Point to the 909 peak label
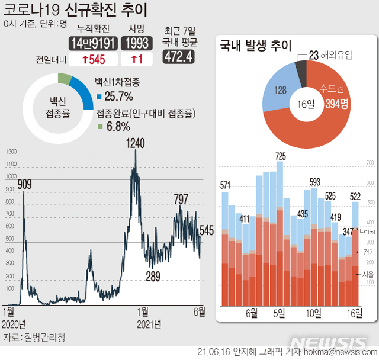click(x=24, y=184)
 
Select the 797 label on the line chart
click(x=183, y=199)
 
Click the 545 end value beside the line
click(x=207, y=230)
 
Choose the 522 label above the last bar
click(x=355, y=196)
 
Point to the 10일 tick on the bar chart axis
click(x=313, y=313)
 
